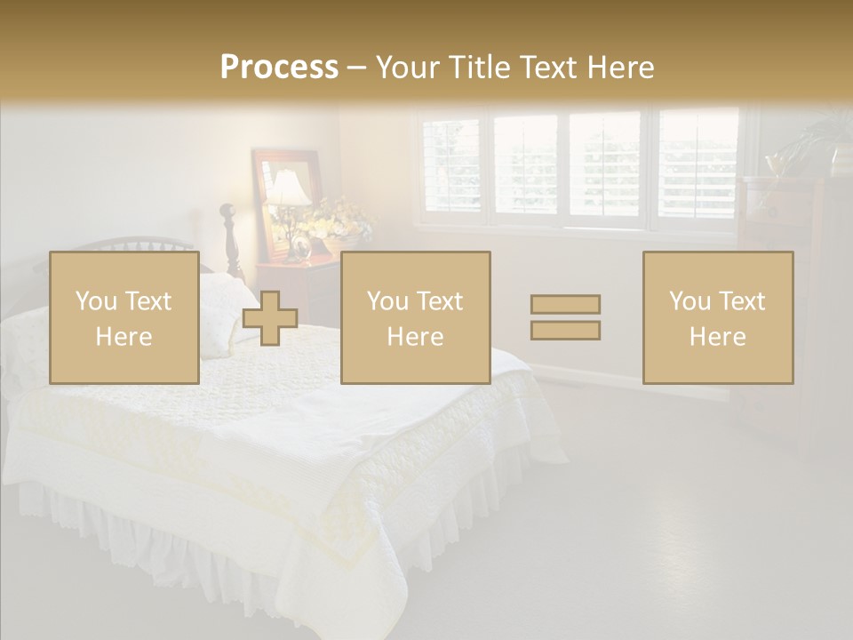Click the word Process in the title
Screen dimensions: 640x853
(279, 67)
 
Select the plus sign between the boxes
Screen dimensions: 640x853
(270, 318)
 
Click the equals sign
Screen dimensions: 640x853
(565, 317)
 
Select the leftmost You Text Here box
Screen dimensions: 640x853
(124, 318)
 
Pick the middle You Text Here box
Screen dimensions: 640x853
(415, 318)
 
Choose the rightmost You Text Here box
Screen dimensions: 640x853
(717, 318)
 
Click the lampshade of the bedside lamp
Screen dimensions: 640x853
(289, 188)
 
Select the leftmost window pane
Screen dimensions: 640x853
(451, 167)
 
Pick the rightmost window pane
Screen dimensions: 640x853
(698, 167)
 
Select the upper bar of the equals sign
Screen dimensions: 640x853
(565, 305)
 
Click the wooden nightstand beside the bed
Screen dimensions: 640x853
(298, 284)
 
